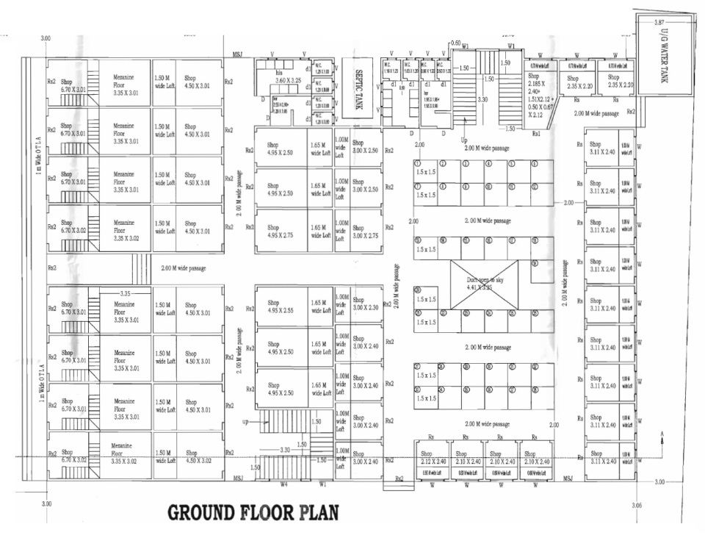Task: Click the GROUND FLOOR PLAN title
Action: click(253, 512)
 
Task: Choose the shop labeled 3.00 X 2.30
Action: click(365, 304)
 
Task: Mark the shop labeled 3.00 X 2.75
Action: click(365, 231)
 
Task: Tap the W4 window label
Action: click(284, 484)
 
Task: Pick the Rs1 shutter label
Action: click(536, 134)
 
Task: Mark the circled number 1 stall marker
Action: click(417, 163)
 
